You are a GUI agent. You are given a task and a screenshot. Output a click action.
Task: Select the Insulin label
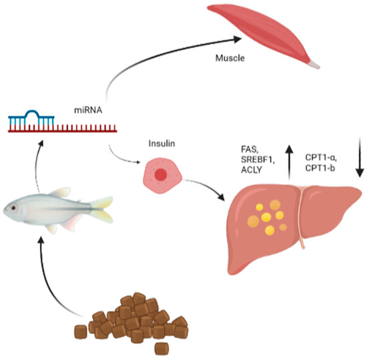coord(161,143)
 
